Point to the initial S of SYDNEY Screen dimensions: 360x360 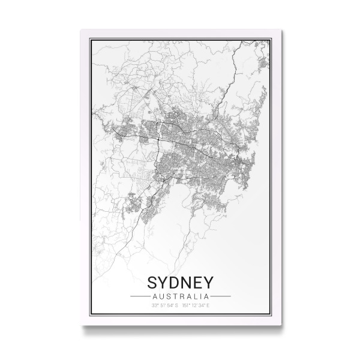[149, 281]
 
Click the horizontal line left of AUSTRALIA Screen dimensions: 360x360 [140, 296]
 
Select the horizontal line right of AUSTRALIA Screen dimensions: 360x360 [220, 296]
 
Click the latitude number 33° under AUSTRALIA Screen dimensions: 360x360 [155, 306]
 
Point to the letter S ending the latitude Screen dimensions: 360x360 [176, 306]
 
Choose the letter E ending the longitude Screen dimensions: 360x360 [208, 306]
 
